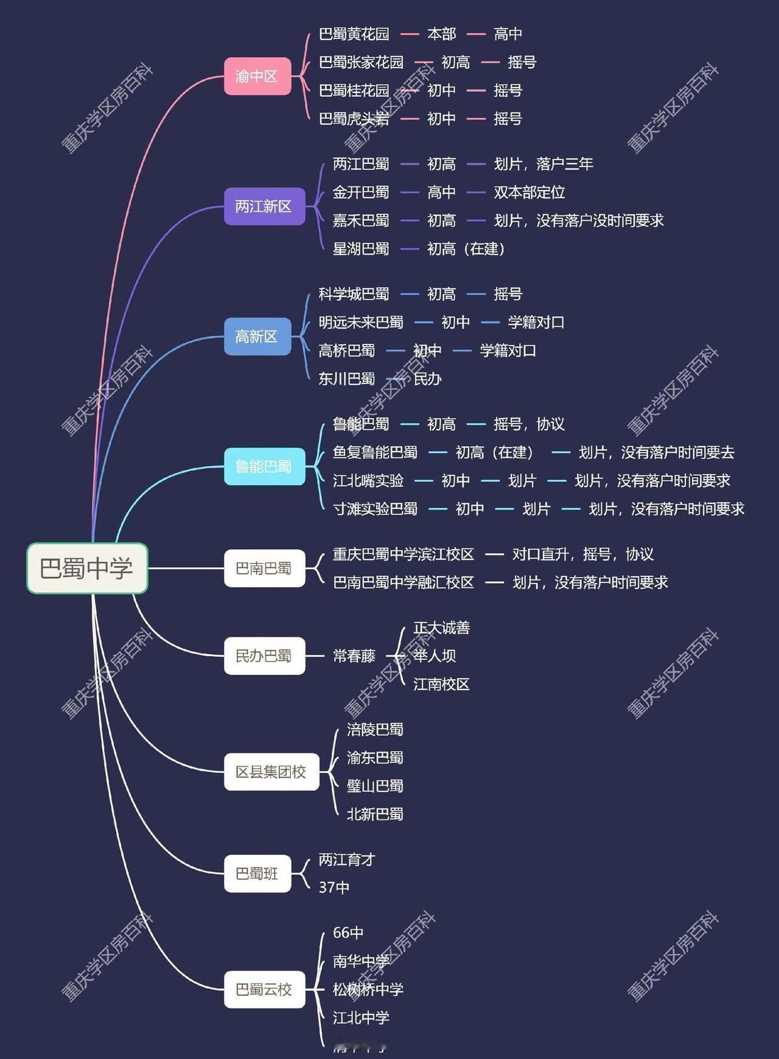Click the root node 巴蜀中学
click(87, 568)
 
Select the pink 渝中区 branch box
click(257, 76)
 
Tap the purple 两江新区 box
click(264, 206)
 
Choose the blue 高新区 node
click(257, 336)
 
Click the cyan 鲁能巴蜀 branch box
click(264, 466)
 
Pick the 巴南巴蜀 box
click(264, 568)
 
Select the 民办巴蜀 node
click(264, 655)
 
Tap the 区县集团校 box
click(271, 772)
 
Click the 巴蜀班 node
click(257, 873)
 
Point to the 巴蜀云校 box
click(264, 989)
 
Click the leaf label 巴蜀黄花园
click(354, 34)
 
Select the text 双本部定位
click(529, 192)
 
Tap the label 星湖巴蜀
click(361, 249)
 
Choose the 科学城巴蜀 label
click(354, 294)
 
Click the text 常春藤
click(354, 655)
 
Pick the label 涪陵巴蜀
click(375, 729)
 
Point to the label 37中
click(334, 887)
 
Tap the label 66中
click(348, 932)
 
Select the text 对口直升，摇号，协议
click(582, 554)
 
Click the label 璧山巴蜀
click(375, 786)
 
